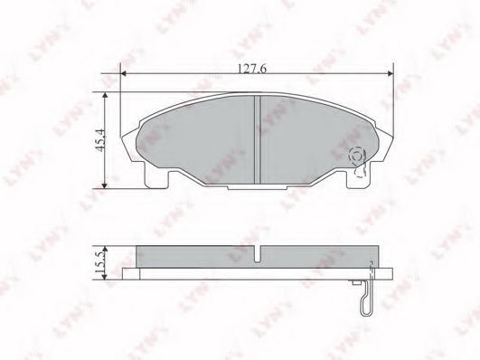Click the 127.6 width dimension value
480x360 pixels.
click(252, 69)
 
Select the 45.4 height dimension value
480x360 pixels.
click(100, 140)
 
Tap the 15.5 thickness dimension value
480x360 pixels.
click(100, 262)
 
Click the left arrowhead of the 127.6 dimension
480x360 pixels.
click(123, 73)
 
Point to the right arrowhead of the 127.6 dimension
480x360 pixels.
click(391, 73)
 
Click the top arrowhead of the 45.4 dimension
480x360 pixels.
click(105, 96)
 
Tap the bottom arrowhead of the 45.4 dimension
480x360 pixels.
click(105, 185)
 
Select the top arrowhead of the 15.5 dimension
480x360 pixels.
click(105, 249)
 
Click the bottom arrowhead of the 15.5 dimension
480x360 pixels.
click(105, 277)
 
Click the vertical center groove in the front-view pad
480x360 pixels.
click(258, 139)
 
